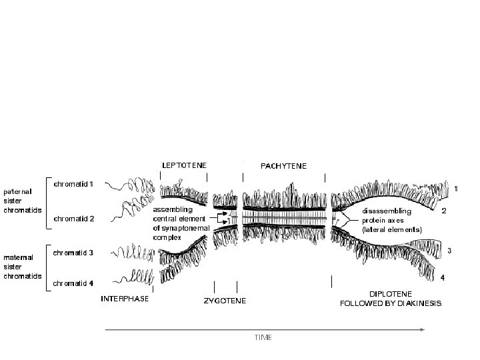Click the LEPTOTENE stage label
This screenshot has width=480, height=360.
tap(185, 164)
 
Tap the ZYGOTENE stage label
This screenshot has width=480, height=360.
tap(225, 301)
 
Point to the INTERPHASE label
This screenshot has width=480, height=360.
tap(124, 298)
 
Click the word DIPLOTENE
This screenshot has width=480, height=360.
tap(391, 293)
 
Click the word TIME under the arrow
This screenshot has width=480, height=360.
tap(263, 337)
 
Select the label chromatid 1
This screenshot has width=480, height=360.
tap(74, 183)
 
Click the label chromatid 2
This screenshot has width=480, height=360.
tap(74, 218)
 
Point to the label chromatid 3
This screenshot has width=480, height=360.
tap(74, 253)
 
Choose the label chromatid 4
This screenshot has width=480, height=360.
tap(74, 283)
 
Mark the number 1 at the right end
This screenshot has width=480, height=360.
tap(456, 189)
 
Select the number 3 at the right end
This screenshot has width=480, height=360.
tap(450, 251)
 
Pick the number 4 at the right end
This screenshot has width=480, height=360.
tap(443, 276)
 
